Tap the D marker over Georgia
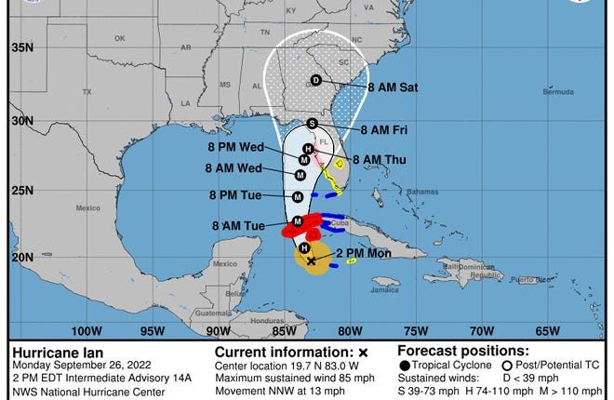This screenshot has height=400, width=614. coord(315,80)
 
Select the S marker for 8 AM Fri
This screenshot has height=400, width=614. coord(312,123)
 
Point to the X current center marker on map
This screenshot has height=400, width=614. coord(310,261)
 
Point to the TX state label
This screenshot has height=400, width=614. coord(87,92)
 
